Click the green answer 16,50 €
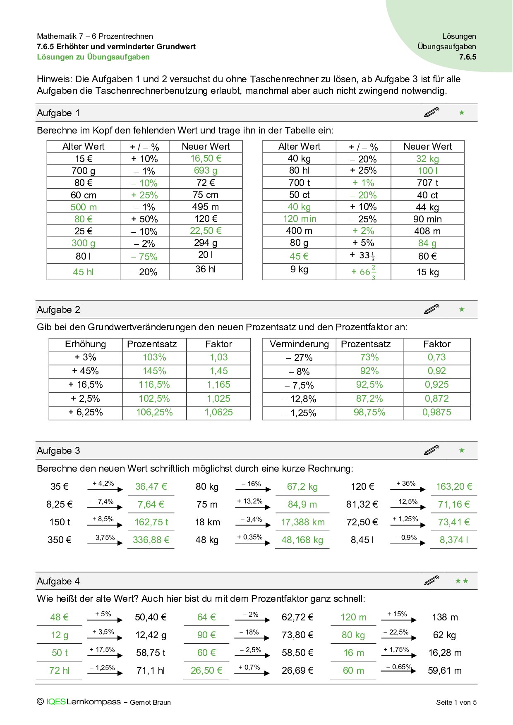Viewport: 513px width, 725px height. [206, 159]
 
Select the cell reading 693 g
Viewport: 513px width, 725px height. [206, 171]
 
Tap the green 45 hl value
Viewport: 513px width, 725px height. [83, 272]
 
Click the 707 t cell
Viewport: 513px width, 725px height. [427, 183]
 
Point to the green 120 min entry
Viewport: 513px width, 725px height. [300, 219]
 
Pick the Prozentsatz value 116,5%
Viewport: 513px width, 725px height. [154, 385]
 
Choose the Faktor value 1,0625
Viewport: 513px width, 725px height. [218, 413]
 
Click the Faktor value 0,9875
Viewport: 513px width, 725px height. [436, 413]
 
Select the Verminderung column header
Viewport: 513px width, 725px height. [299, 344]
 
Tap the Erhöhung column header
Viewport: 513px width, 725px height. [85, 344]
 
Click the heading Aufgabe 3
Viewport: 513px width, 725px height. [58, 451]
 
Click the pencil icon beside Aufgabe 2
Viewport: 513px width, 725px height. [431, 309]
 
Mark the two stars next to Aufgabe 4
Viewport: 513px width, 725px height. [462, 581]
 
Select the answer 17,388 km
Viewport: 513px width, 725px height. [303, 522]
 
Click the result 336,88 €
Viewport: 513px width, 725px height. [151, 540]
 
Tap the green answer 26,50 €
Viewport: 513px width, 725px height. [206, 670]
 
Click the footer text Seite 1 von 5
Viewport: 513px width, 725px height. [456, 702]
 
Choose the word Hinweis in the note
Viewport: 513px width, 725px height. [53, 79]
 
